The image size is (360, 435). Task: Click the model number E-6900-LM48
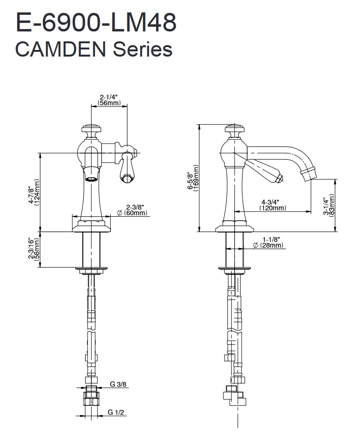(96, 22)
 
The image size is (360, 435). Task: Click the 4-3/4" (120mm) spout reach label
(272, 204)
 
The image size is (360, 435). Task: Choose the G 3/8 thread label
(117, 384)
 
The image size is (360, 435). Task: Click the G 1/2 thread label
(117, 412)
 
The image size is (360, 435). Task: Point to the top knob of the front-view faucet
(90, 128)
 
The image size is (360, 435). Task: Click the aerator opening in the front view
(91, 179)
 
